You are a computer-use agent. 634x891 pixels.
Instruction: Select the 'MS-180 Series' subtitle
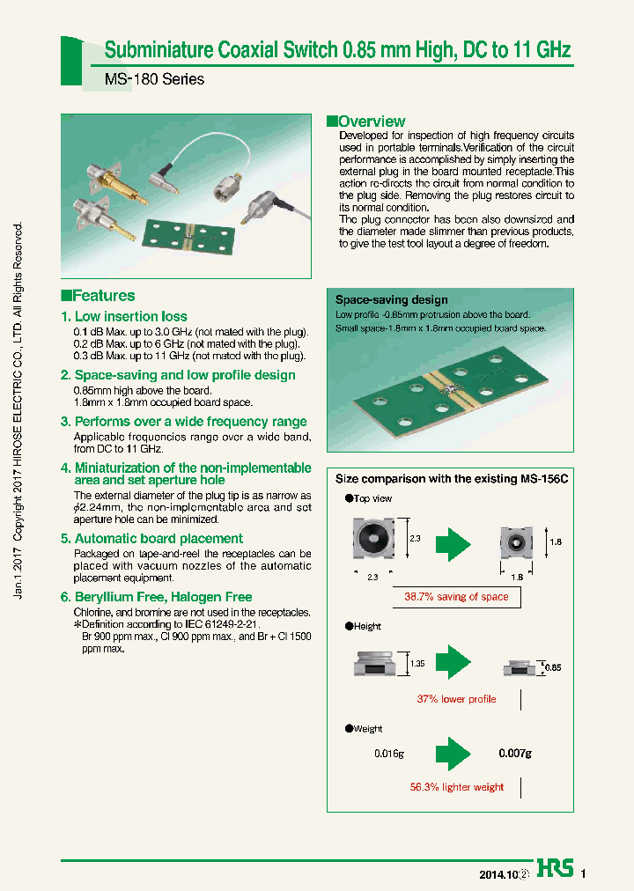coord(154,79)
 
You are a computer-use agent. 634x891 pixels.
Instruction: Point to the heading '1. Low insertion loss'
coord(124,316)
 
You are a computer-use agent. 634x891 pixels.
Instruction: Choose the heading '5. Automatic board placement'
coord(151,538)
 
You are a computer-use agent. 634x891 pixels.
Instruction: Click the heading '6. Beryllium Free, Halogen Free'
coord(156,597)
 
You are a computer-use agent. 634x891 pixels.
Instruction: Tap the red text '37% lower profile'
coord(456,699)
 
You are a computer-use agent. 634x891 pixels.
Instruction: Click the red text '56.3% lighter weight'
coord(456,787)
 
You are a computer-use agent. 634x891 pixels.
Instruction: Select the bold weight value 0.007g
coord(515,754)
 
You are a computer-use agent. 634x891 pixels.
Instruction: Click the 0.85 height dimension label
coord(553,668)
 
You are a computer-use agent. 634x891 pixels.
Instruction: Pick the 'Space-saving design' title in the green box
coord(391,300)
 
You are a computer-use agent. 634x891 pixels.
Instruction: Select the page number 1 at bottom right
coord(583,874)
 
